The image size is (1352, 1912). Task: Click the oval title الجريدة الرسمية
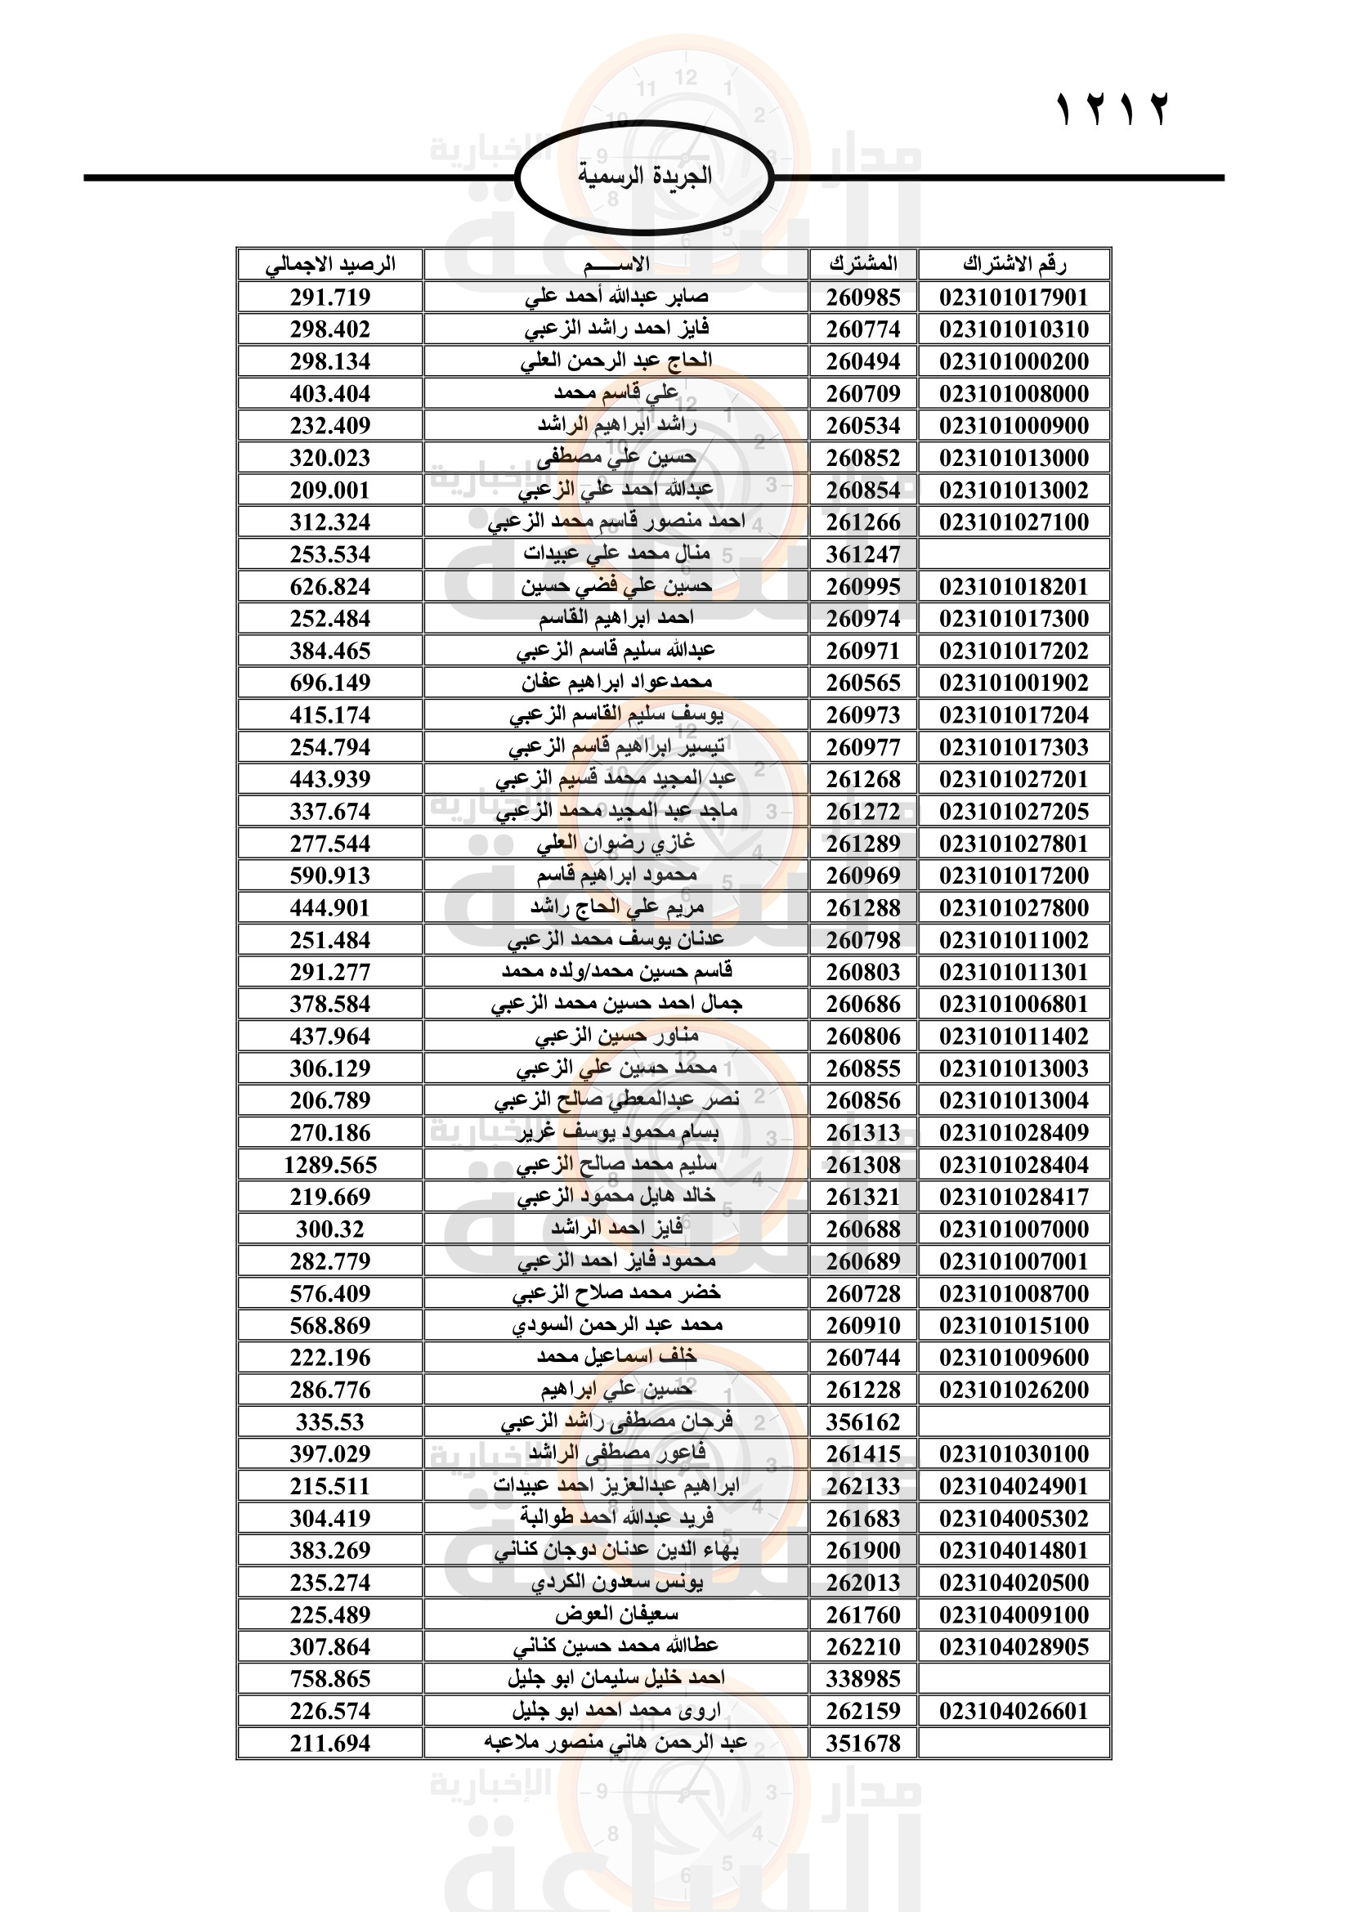click(644, 177)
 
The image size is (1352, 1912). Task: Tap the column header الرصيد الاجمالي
click(329, 265)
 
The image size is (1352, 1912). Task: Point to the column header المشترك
click(863, 265)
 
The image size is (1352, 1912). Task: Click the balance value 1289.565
click(329, 1165)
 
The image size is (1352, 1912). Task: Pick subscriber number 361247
click(863, 554)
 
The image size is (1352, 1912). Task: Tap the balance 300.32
click(329, 1229)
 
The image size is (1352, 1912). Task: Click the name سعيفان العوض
click(616, 1614)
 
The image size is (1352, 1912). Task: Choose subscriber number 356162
click(863, 1422)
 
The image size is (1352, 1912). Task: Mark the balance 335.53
click(329, 1422)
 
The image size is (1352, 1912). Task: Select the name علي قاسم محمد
click(616, 393)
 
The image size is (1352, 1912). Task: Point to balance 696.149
click(329, 683)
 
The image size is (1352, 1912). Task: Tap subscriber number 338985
click(863, 1679)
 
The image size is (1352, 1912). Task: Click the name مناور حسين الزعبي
click(616, 1037)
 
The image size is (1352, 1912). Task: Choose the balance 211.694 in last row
click(329, 1744)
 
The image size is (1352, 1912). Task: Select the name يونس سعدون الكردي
click(616, 1583)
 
